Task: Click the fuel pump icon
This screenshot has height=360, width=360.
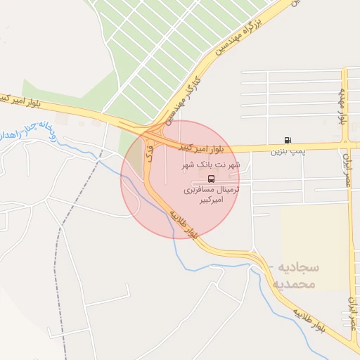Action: click(x=287, y=140)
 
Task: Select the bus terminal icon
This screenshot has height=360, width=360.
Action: click(x=212, y=178)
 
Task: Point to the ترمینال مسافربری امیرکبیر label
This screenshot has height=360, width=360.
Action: click(x=212, y=195)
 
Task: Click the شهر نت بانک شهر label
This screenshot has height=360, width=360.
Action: click(x=212, y=165)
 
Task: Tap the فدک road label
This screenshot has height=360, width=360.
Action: click(x=148, y=149)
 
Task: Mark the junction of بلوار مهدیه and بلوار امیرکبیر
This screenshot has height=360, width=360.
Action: click(x=345, y=146)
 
